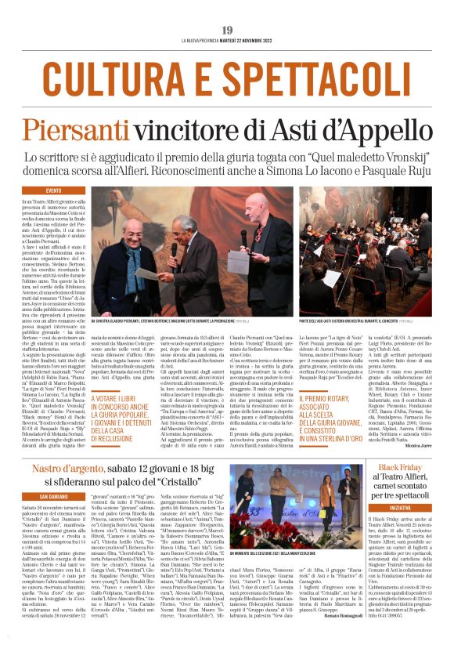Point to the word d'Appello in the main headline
(x=378, y=129)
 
